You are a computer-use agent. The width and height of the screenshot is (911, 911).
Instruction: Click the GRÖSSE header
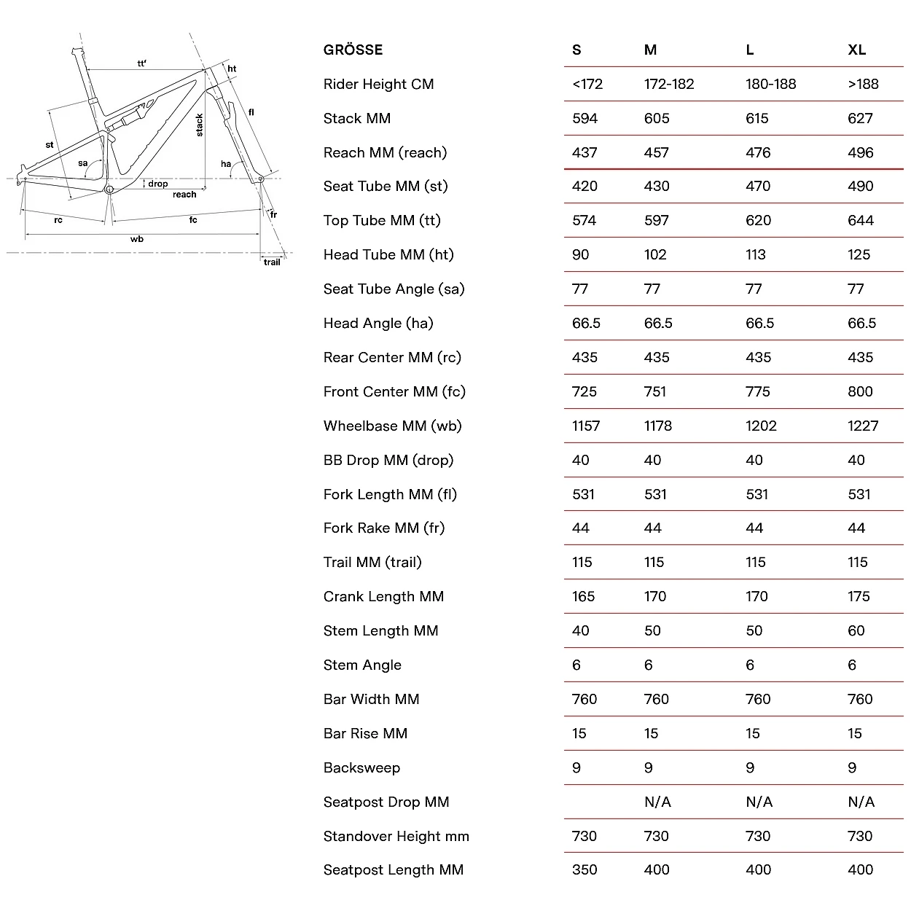[353, 50]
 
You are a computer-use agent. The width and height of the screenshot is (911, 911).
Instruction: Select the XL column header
[856, 50]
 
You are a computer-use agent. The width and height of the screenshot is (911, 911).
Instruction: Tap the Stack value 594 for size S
[584, 118]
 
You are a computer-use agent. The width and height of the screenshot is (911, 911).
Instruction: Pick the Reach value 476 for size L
[758, 152]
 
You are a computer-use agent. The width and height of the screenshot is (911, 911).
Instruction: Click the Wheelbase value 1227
[863, 426]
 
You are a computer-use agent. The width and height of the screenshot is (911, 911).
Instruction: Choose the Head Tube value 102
[655, 254]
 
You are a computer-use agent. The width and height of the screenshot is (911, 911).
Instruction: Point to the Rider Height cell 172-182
[669, 84]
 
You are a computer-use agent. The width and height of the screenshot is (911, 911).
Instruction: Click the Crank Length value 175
[859, 596]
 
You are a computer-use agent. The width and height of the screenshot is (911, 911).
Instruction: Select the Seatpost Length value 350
[584, 869]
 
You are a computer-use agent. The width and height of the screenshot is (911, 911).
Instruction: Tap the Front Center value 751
[655, 391]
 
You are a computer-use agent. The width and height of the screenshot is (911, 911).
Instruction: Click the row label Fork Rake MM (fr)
[383, 528]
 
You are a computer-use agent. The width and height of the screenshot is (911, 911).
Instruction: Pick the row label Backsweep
[361, 767]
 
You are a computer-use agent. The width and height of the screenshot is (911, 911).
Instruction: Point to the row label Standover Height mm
[396, 836]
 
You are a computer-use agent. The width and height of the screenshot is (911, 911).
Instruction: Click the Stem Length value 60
[856, 630]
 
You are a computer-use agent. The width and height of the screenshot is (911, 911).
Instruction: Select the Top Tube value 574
[584, 220]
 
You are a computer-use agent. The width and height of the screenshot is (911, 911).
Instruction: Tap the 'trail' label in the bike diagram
[272, 262]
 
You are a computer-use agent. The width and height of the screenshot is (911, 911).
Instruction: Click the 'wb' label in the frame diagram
[137, 239]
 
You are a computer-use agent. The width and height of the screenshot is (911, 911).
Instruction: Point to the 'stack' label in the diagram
[200, 125]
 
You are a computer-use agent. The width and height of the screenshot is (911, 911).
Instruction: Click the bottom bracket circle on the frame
[109, 189]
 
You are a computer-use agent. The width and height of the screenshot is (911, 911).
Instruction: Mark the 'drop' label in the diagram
[158, 184]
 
